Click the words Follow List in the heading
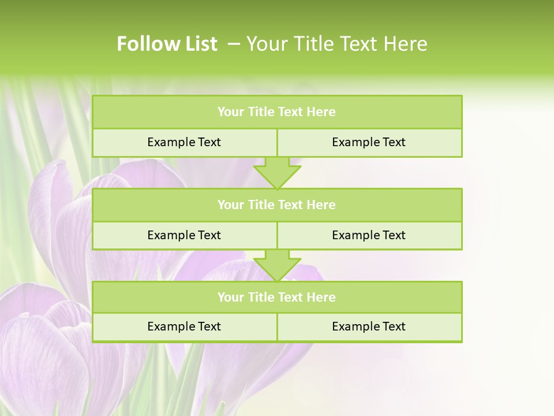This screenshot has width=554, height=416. pyautogui.click(x=167, y=44)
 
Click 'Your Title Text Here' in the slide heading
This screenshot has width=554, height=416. pyautogui.click(x=336, y=44)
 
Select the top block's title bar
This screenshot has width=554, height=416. pyautogui.click(x=277, y=112)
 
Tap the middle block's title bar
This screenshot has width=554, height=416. pyautogui.click(x=277, y=205)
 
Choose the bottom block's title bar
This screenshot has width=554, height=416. pyautogui.click(x=277, y=298)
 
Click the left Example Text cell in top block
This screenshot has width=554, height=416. pyautogui.click(x=184, y=142)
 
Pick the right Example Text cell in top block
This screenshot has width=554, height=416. pyautogui.click(x=369, y=142)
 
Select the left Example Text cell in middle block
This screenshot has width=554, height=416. pyautogui.click(x=184, y=235)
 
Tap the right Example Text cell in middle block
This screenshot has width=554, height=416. pyautogui.click(x=369, y=235)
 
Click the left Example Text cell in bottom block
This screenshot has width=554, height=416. pyautogui.click(x=184, y=326)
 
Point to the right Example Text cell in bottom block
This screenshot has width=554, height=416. pyautogui.click(x=369, y=326)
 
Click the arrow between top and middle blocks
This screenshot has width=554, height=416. pyautogui.click(x=277, y=172)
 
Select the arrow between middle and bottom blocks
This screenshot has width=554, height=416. pyautogui.click(x=277, y=265)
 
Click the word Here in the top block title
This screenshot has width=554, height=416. pyautogui.click(x=321, y=112)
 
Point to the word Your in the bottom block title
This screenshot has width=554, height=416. pyautogui.click(x=230, y=298)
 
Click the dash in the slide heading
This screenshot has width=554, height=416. pyautogui.click(x=234, y=44)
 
